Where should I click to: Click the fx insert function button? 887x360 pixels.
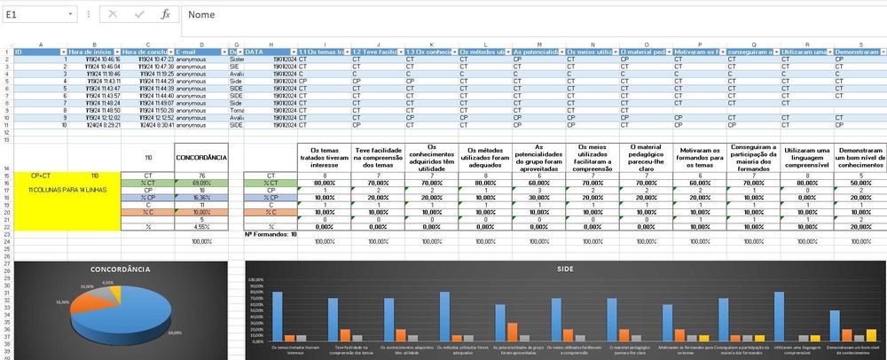[165, 15]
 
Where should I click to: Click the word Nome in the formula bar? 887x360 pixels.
[202, 15]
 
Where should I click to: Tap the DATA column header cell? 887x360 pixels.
[266, 52]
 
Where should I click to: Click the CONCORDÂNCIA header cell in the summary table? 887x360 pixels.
[202, 157]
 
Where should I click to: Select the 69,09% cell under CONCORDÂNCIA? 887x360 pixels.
[202, 182]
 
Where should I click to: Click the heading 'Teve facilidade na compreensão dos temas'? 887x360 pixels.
[379, 157]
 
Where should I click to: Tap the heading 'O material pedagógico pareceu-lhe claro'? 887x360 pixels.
[647, 157]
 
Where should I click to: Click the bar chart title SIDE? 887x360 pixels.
[563, 269]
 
